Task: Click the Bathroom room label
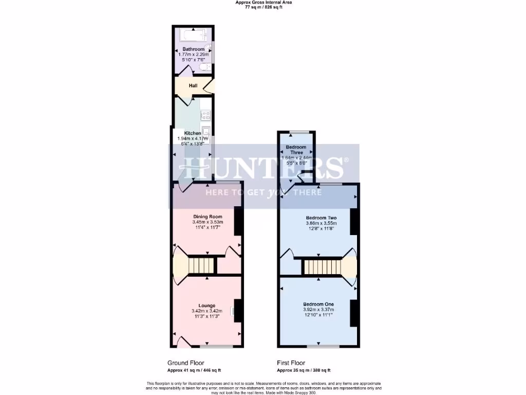(x=193, y=49)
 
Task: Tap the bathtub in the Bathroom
(x=192, y=35)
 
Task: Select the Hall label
(x=193, y=85)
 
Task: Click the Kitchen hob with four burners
(x=205, y=116)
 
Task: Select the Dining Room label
(x=208, y=217)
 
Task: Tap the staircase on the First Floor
(x=321, y=267)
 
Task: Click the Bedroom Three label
(x=296, y=150)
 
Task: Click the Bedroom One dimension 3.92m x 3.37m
(x=318, y=310)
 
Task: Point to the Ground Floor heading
(x=186, y=363)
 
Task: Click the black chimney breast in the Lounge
(x=238, y=310)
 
